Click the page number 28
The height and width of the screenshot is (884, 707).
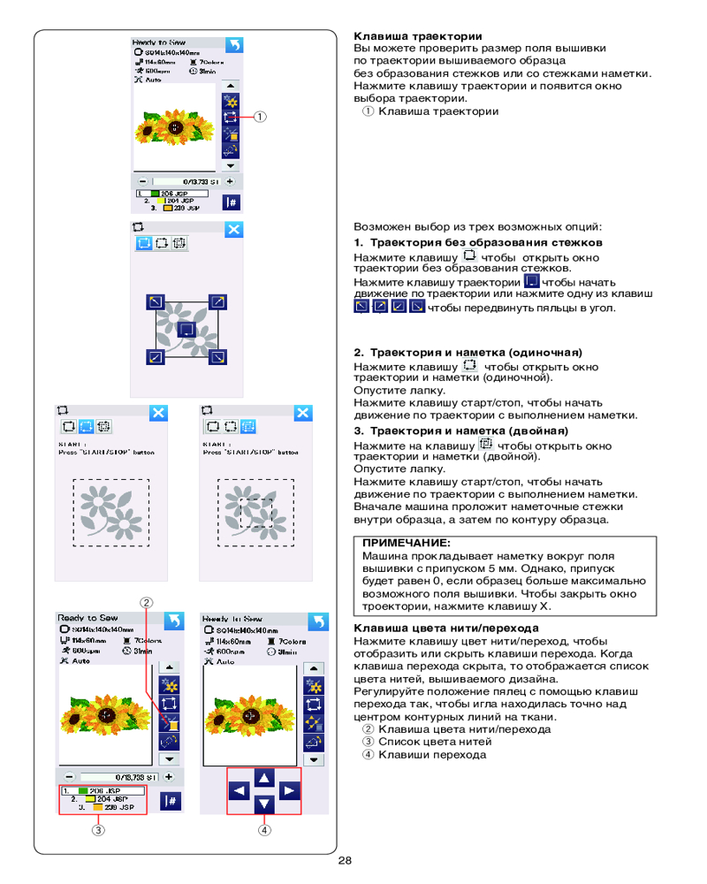point(345,861)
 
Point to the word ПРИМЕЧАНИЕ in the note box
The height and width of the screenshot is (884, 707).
point(406,542)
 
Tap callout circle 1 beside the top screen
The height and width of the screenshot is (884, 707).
point(262,116)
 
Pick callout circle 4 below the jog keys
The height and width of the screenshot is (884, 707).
point(263,830)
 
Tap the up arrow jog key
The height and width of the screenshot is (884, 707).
point(264,777)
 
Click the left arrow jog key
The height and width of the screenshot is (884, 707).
point(239,791)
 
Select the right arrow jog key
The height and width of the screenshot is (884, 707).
point(289,791)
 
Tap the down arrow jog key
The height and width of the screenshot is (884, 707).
point(264,804)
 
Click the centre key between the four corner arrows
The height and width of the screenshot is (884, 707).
point(186,330)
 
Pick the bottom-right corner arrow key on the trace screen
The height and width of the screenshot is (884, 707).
point(217,357)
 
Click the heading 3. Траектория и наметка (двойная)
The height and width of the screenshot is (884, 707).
point(460,431)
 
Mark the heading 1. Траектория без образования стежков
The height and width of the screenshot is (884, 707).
point(478,242)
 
